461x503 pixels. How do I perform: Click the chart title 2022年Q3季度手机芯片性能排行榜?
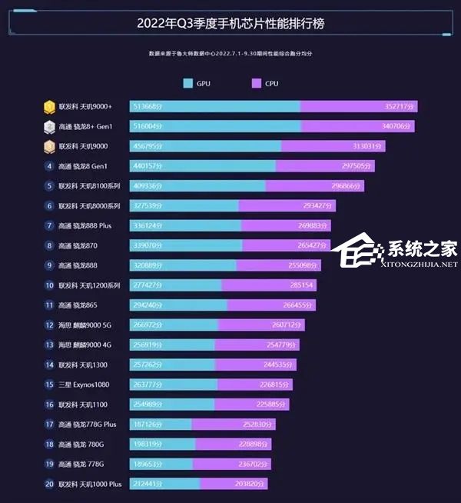click(230, 24)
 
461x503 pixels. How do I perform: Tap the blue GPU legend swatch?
click(188, 84)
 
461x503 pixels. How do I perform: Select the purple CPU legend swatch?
click(257, 84)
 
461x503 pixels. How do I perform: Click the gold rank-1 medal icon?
click(50, 107)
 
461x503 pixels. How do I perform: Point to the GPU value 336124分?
click(148, 226)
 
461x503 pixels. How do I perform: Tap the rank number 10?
click(49, 285)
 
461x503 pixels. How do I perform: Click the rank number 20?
click(49, 485)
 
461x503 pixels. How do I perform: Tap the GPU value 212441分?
click(148, 485)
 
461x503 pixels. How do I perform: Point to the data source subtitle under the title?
click(230, 54)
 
